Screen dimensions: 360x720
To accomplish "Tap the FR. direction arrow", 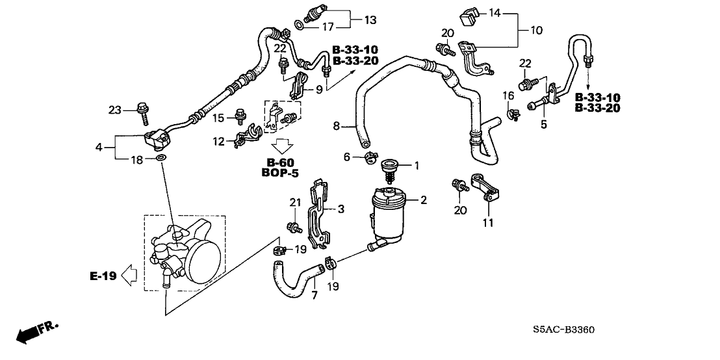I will (x=36, y=332).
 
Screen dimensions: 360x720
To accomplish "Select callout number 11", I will (x=488, y=223).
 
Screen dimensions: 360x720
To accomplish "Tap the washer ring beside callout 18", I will (x=161, y=158).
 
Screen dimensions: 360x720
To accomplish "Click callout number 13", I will (x=370, y=20).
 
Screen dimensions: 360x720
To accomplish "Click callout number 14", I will (x=495, y=12).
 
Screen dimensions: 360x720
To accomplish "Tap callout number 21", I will (x=292, y=204).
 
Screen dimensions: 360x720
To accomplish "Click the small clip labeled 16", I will (x=513, y=115).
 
